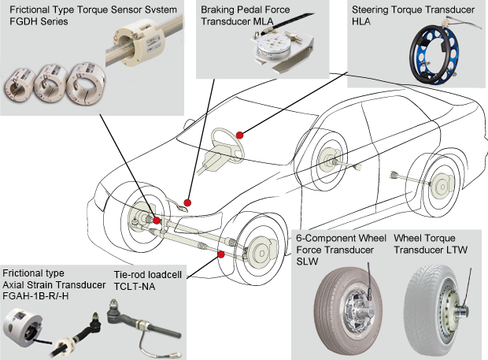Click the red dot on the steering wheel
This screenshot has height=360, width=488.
pyautogui.click(x=239, y=135)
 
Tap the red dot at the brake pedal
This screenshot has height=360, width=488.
pyautogui.click(x=187, y=202)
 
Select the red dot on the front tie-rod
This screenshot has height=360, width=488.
pyautogui.click(x=221, y=254)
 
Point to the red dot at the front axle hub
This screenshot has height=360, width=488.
pyautogui.click(x=157, y=221)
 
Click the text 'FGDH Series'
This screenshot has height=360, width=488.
pyautogui.click(x=39, y=21)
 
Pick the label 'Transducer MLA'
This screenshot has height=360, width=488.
pyautogui.click(x=237, y=21)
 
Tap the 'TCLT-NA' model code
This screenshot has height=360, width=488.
pyautogui.click(x=134, y=286)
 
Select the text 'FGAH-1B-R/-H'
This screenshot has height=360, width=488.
pyautogui.click(x=35, y=296)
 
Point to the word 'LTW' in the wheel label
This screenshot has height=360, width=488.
pyautogui.click(x=457, y=250)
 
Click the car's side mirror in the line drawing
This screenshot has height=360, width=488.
pyautogui.click(x=188, y=124)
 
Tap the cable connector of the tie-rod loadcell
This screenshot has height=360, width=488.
pyautogui.click(x=176, y=354)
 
